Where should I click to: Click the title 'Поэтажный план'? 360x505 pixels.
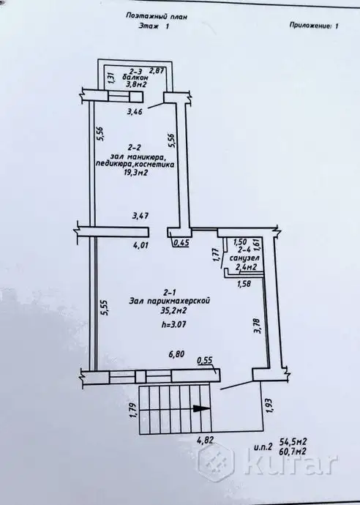point(156,16)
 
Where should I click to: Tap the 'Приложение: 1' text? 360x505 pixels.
point(314,26)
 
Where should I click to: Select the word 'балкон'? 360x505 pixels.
point(135,78)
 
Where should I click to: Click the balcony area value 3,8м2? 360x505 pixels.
point(135,85)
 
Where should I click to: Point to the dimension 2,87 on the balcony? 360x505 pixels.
point(157,71)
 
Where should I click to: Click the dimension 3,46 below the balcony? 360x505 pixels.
point(135,112)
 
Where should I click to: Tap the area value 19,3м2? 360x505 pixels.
point(135,173)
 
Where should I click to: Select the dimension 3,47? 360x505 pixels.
point(140,215)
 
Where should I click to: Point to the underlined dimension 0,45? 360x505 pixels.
point(181,243)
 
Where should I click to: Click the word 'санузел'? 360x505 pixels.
point(244,258)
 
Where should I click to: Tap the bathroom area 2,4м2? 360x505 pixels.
point(246,267)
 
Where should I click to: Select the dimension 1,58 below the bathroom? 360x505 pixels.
point(244,284)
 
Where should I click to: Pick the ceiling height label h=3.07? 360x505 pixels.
point(174,325)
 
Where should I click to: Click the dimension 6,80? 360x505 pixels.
point(177,354)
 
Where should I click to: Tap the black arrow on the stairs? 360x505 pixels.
point(202,408)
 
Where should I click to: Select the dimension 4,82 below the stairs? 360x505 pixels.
point(204,440)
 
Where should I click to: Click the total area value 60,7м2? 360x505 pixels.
point(293,452)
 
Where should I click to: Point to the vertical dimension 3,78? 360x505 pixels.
point(258,325)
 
